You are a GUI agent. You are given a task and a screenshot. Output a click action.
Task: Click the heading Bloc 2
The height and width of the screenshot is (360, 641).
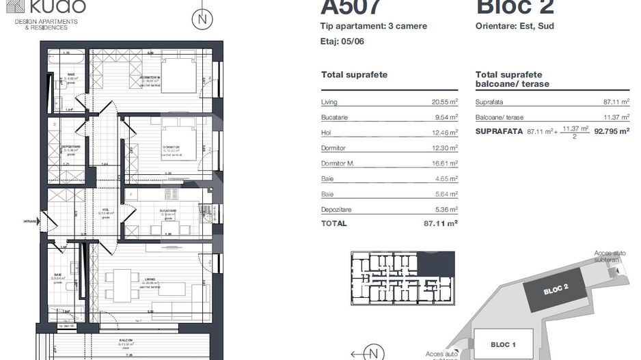click(515, 7)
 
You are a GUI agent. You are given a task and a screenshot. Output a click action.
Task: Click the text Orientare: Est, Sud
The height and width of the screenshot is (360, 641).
click(515, 27)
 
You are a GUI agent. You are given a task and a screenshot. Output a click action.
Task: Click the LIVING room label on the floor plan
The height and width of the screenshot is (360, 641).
click(150, 279)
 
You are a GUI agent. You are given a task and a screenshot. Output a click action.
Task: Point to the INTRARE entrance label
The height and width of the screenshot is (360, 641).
click(30, 221)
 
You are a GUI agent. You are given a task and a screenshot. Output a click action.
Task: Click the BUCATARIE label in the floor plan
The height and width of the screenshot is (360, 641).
click(168, 211)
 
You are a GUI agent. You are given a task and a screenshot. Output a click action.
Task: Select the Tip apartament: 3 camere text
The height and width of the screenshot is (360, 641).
click(373, 27)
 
